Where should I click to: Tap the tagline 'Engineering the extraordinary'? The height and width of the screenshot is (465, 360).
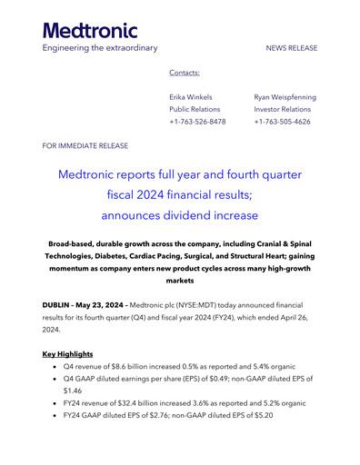100,48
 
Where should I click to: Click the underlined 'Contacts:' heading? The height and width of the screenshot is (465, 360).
185,72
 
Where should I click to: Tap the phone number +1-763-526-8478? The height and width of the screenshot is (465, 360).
197,121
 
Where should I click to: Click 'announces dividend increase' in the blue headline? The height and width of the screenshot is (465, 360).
180,216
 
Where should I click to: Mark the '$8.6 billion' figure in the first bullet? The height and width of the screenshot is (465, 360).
135,373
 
